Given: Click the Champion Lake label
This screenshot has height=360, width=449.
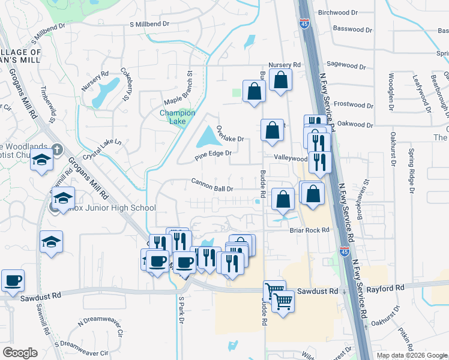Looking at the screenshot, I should [177, 116].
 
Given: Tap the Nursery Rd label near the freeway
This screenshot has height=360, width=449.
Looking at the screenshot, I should [285, 65].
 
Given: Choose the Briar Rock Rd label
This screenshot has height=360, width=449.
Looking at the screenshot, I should [310, 230].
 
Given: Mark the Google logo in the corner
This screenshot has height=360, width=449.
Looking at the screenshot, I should [19, 353].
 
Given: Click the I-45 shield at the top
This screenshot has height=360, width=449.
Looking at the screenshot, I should [304, 24].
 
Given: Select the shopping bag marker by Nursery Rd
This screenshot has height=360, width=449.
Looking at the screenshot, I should [280, 80].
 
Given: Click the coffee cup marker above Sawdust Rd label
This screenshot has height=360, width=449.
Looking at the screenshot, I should [13, 280].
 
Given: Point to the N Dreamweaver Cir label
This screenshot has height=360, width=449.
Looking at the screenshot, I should [100, 327].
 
